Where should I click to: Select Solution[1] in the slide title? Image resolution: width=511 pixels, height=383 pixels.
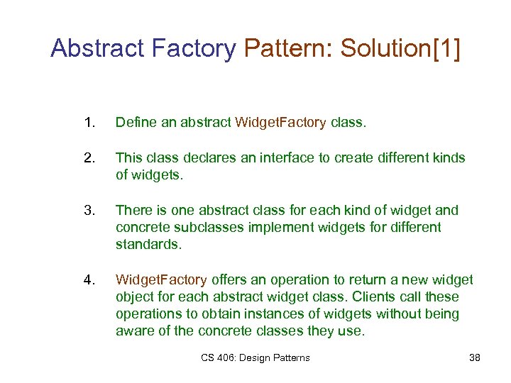coord(400,48)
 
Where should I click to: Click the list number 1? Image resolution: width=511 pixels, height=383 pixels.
coord(88,123)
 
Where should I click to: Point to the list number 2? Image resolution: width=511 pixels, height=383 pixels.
coord(88,157)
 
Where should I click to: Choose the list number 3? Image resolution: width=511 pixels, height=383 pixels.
coord(88,210)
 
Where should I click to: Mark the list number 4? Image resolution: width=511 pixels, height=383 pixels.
coord(88,279)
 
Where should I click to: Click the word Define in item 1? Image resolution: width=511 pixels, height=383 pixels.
coord(135,123)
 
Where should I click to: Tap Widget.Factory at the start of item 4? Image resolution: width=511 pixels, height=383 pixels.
coord(161,279)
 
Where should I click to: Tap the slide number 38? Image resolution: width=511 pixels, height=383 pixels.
coord(475,357)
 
